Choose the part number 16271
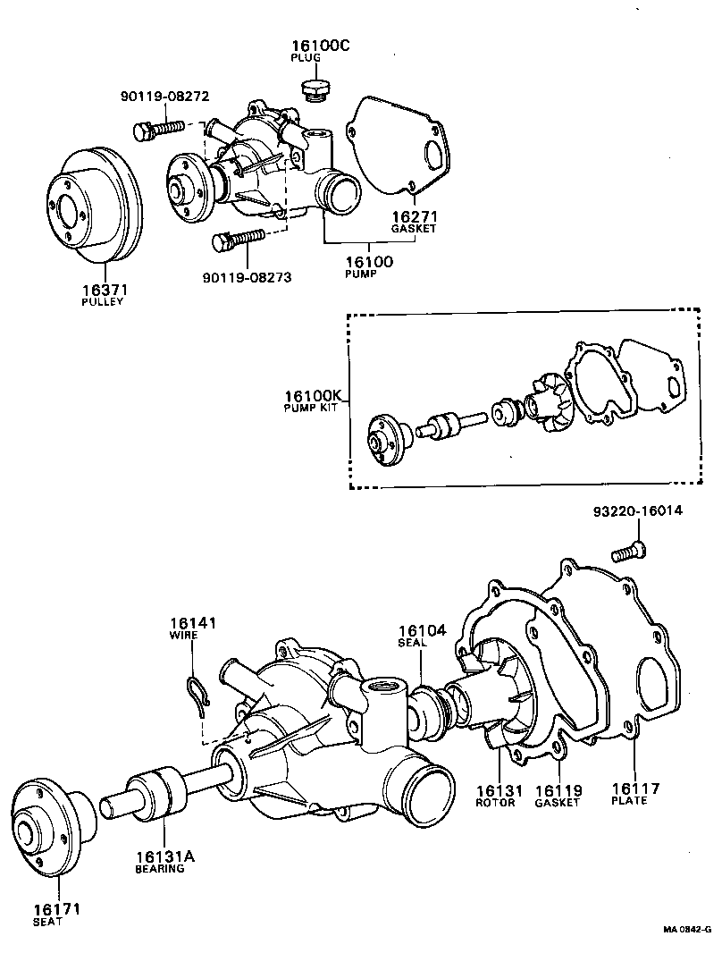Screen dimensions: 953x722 point(413,215)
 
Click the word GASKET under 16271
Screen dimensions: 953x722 point(413,229)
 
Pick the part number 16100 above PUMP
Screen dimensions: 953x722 point(369,261)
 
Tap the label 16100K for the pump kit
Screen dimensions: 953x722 point(315,396)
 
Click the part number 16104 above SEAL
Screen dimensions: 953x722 point(422,629)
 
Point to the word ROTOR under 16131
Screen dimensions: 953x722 point(496,802)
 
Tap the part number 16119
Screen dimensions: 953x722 point(558,789)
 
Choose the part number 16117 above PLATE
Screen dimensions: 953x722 point(635,789)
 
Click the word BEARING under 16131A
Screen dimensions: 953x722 point(160,868)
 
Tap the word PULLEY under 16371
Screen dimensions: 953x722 point(103,302)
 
